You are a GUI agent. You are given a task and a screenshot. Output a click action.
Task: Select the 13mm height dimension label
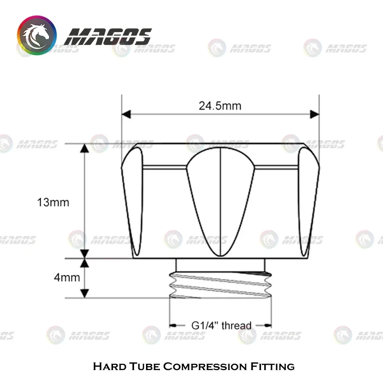[53, 202]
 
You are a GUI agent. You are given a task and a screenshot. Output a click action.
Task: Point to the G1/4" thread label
[221, 326]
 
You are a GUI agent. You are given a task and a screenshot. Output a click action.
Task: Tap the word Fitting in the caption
[272, 367]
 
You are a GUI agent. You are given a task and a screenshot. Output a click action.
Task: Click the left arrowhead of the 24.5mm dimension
[126, 114]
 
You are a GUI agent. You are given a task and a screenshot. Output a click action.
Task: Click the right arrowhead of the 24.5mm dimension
[315, 114]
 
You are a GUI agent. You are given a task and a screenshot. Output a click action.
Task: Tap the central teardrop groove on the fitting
[220, 201]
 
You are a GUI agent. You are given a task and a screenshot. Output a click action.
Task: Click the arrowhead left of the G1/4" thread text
[174, 326]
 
